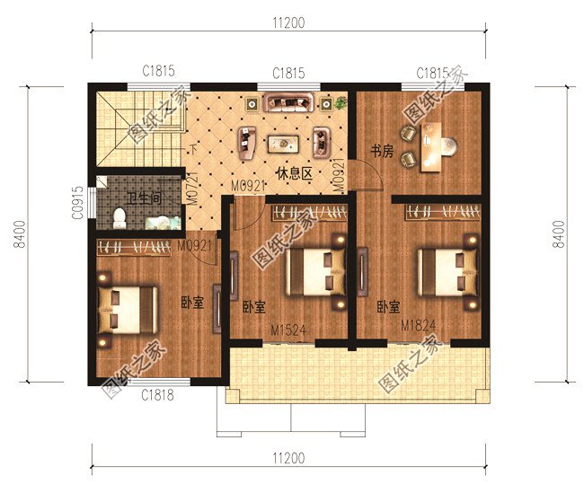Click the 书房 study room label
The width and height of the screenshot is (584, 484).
click(382, 152)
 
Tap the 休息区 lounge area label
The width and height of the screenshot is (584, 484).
click(294, 173)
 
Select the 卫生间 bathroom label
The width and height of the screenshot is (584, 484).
click(144, 198)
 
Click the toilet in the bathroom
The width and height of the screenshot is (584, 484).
click(119, 218)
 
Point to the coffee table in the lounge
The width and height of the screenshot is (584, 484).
click(283, 144)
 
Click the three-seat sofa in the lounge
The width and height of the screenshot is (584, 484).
click(288, 102)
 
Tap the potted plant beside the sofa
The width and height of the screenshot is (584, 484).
click(340, 102)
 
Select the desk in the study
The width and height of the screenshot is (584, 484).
click(430, 147)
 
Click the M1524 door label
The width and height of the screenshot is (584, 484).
click(288, 330)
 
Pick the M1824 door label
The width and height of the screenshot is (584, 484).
click(418, 325)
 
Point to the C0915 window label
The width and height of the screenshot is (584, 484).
click(78, 202)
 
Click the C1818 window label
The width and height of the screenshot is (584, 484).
click(157, 395)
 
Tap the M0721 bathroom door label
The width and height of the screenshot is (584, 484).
click(191, 189)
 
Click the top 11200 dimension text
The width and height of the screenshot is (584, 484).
click(288, 23)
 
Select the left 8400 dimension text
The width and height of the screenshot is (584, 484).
click(20, 234)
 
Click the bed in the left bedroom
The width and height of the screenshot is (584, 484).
click(127, 310)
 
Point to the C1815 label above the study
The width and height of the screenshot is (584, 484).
click(432, 74)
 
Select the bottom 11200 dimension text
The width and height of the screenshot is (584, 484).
click(288, 458)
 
